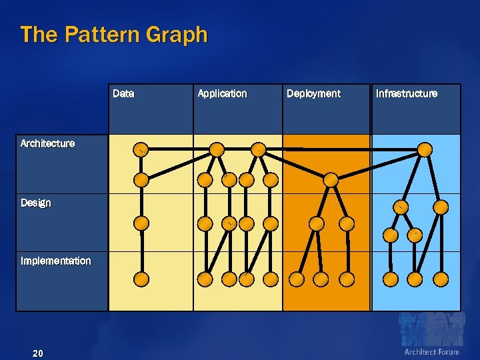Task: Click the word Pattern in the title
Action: tap(94, 35)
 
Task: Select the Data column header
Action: tap(123, 94)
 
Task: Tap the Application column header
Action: tap(222, 94)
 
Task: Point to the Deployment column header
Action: tap(313, 94)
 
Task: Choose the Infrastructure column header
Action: tap(407, 94)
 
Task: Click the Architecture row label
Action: tap(47, 143)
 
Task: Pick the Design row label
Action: tap(35, 203)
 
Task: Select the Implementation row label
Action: tap(55, 261)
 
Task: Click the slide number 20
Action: tap(38, 353)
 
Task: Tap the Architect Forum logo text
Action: tap(431, 352)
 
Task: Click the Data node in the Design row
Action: tap(141, 223)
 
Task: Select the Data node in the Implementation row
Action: tap(141, 279)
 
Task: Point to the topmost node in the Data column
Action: tap(141, 149)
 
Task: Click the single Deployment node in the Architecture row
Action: tap(331, 179)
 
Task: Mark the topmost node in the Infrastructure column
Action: tap(424, 149)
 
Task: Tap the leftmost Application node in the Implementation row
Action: tap(205, 279)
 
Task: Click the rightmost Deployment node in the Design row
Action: tap(347, 223)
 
